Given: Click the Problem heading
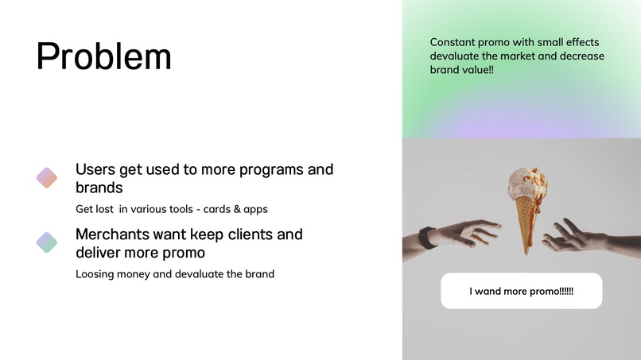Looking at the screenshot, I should click(x=103, y=56).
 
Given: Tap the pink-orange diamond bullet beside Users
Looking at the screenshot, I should click(x=47, y=178).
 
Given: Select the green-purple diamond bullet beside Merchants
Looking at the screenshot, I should click(x=47, y=242).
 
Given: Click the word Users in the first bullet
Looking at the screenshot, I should click(x=95, y=169).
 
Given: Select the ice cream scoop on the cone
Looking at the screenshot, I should click(x=527, y=180).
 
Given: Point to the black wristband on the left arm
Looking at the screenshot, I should click(x=427, y=238).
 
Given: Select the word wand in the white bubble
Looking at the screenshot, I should click(x=489, y=291).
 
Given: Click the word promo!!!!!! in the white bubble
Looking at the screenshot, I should click(x=546, y=291).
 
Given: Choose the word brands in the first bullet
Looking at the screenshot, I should click(x=99, y=188).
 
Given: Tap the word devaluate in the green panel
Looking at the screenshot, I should click(x=456, y=56).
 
